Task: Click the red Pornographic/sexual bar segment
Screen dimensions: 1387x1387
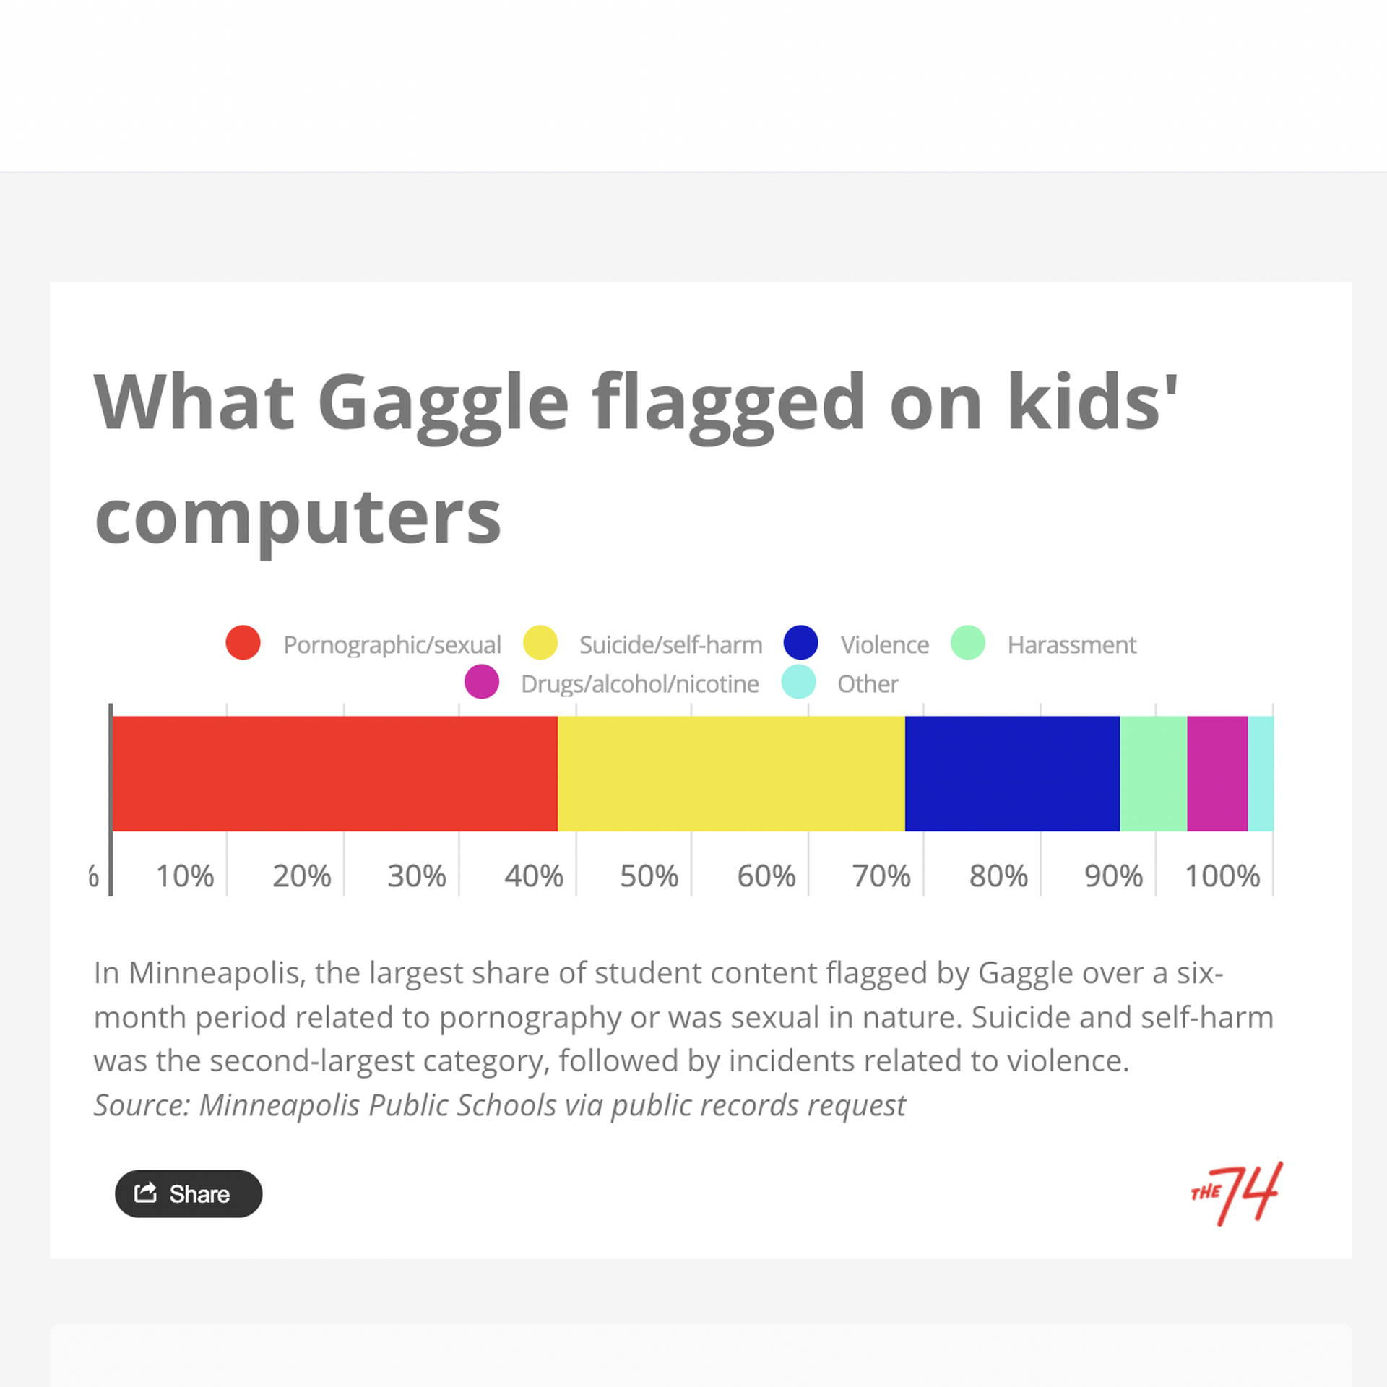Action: pos(335,773)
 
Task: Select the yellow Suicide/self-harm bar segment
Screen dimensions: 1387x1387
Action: pos(731,773)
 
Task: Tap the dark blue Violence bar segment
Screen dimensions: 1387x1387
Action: pos(1012,773)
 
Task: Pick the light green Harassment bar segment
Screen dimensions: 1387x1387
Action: pos(1153,773)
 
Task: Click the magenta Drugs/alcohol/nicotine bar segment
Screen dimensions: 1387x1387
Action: pos(1217,773)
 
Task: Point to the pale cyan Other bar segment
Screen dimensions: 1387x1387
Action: pos(1261,773)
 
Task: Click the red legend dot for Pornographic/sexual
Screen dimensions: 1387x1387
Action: pos(243,642)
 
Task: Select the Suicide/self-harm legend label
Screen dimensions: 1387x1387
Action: pos(670,644)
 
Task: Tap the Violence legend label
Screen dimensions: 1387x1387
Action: pos(884,644)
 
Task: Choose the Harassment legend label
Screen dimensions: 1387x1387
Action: pos(1072,644)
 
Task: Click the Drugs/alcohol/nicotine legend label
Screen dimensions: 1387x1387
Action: pos(639,683)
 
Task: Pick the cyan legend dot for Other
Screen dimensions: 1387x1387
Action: pos(798,681)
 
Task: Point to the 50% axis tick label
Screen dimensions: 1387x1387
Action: pos(649,876)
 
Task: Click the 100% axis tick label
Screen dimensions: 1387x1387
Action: pos(1222,876)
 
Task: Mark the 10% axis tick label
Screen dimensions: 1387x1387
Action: pos(185,876)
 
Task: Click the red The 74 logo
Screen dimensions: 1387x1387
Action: pos(1236,1193)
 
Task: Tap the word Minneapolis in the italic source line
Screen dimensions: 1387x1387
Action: pos(279,1105)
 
